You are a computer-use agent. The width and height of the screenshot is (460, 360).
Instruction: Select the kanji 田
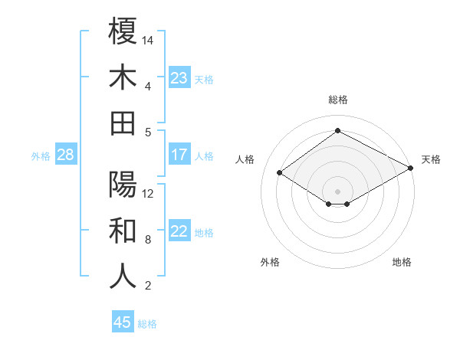[123, 123]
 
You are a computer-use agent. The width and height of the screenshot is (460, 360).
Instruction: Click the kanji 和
[123, 230]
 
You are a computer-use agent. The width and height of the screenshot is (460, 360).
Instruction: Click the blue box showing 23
[179, 78]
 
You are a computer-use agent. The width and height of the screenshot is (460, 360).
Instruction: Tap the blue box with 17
[179, 155]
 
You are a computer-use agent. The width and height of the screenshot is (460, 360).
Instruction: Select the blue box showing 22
[179, 231]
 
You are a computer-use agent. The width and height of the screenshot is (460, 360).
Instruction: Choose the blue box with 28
[65, 155]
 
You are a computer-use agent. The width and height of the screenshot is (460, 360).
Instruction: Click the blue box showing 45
[123, 322]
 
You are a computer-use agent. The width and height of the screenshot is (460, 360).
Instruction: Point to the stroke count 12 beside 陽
[149, 193]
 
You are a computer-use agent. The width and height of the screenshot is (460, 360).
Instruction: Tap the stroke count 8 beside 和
[148, 239]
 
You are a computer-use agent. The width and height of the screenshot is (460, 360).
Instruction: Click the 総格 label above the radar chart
[337, 100]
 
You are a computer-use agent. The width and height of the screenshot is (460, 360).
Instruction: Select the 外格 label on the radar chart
[270, 262]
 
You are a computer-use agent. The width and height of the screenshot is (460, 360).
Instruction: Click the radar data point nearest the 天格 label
[411, 169]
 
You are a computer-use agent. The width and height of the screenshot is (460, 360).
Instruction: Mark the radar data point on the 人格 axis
[280, 173]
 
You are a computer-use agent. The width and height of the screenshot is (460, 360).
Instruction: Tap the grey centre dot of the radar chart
[337, 190]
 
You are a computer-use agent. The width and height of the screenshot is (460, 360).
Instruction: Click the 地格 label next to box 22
[205, 232]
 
